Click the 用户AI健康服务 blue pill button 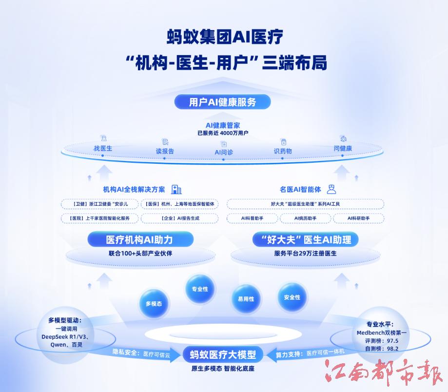tap(222, 102)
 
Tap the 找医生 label tap(103, 148)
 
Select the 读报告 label tap(165, 151)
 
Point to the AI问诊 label tap(224, 152)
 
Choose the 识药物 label tap(283, 151)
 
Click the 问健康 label tap(343, 148)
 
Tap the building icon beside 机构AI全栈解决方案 tap(176, 189)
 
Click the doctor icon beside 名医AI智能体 tap(331, 189)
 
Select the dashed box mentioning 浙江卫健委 tap(100, 204)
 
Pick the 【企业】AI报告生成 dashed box tap(180, 218)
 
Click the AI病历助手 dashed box tap(306, 218)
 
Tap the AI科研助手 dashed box tap(359, 218)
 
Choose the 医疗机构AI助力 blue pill tap(140, 239)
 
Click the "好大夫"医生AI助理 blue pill tap(306, 239)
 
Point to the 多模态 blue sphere tap(154, 304)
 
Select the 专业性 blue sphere tap(200, 289)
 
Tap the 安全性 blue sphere tap(292, 297)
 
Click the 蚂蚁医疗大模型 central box tap(223, 354)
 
